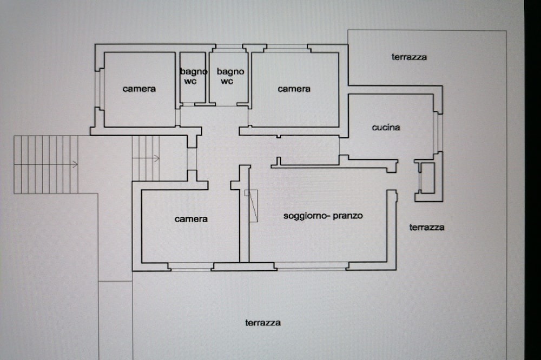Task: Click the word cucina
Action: [x=386, y=127]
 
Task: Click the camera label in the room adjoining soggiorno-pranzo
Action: [x=191, y=219]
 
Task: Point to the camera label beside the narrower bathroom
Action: [x=139, y=89]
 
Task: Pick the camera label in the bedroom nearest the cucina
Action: [x=294, y=89]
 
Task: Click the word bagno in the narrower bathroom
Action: [x=194, y=72]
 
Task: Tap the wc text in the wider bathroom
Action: [x=227, y=82]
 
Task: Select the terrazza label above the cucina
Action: [x=409, y=57]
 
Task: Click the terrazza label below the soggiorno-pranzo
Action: [x=262, y=323]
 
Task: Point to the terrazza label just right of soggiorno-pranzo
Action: [x=426, y=227]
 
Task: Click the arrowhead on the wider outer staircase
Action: [x=76, y=164]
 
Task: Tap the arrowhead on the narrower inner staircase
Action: [x=157, y=158]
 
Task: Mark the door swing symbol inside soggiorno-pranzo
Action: [x=252, y=205]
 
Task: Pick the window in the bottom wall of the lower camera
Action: [x=191, y=266]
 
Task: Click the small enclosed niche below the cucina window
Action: [x=428, y=178]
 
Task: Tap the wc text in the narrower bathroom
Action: [x=190, y=82]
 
